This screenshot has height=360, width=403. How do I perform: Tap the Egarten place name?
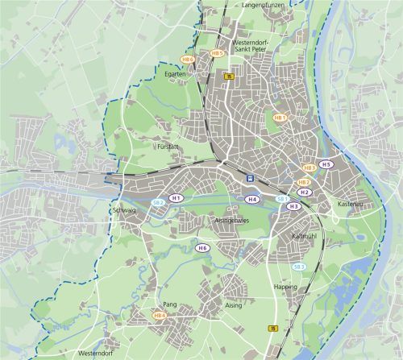[176, 73]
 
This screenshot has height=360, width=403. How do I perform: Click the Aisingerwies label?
[233, 219]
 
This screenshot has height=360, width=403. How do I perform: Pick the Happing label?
[285, 287]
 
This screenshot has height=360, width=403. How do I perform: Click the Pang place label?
[169, 304]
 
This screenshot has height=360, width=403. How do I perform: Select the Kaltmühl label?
[304, 236]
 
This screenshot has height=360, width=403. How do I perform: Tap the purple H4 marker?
[252, 199]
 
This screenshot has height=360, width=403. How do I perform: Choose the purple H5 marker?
[326, 164]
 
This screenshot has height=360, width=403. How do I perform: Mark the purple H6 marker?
[202, 248]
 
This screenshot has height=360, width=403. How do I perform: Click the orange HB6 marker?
[189, 59]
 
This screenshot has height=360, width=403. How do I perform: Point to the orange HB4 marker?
[160, 315]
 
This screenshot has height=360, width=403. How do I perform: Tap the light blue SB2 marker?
[159, 202]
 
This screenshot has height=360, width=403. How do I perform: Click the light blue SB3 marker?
[299, 266]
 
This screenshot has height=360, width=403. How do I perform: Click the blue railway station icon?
[251, 179]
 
